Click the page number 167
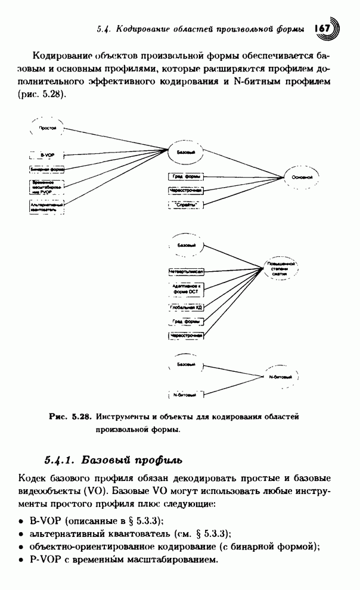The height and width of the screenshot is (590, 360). (322, 28)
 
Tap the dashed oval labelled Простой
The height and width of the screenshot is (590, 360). (48, 128)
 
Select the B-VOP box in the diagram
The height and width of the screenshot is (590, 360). (47, 154)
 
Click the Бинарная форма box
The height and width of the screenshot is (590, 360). (47, 169)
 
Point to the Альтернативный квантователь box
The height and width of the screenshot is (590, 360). (47, 206)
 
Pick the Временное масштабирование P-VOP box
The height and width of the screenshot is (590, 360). (47, 187)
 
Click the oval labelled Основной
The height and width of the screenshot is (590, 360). (303, 177)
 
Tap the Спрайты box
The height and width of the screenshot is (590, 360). (185, 204)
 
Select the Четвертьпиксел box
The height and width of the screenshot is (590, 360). (186, 271)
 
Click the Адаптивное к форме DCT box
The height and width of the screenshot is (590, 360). (186, 289)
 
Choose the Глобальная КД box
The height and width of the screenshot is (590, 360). (186, 307)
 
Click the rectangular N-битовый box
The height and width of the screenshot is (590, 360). (186, 395)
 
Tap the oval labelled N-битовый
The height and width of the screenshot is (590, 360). (280, 377)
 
